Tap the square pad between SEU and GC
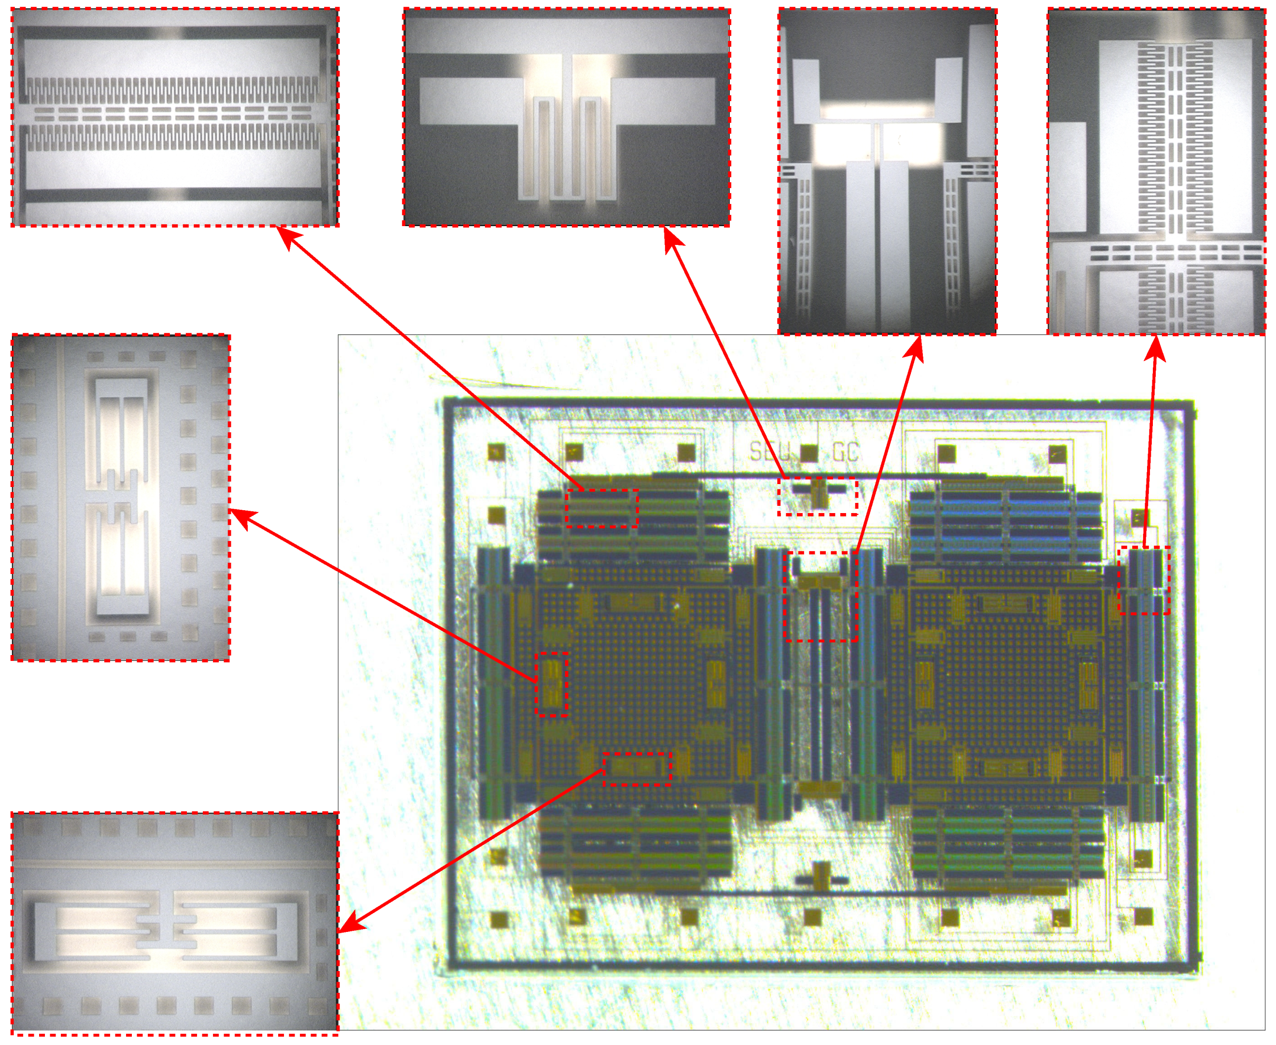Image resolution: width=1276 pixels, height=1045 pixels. tap(809, 453)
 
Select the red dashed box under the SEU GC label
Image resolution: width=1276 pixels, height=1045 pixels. tap(817, 497)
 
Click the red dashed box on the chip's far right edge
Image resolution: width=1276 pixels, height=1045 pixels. tap(1144, 580)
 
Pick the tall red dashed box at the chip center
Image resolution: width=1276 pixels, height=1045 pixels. tap(821, 596)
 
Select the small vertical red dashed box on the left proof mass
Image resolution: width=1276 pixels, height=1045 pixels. tap(552, 684)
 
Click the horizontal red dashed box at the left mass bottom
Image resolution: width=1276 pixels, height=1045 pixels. tap(637, 769)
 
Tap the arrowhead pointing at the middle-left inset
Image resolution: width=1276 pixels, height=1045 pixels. tap(241, 516)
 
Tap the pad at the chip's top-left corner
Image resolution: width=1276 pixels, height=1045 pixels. tap(496, 451)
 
